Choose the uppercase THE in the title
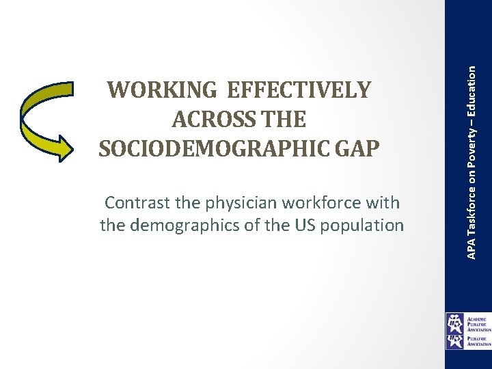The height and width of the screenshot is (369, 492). click(282, 120)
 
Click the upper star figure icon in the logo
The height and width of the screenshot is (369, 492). click(455, 321)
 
